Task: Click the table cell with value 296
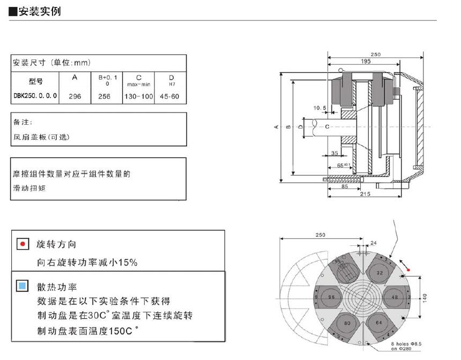(x=75, y=96)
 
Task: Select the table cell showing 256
(x=104, y=96)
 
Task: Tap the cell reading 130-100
(x=139, y=96)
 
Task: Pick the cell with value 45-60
(x=170, y=96)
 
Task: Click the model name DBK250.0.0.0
(x=35, y=96)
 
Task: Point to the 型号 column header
(x=35, y=81)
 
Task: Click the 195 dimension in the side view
(x=365, y=62)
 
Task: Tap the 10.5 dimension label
(x=320, y=108)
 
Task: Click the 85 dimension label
(x=345, y=187)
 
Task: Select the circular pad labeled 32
(x=380, y=273)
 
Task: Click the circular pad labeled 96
(x=331, y=297)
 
